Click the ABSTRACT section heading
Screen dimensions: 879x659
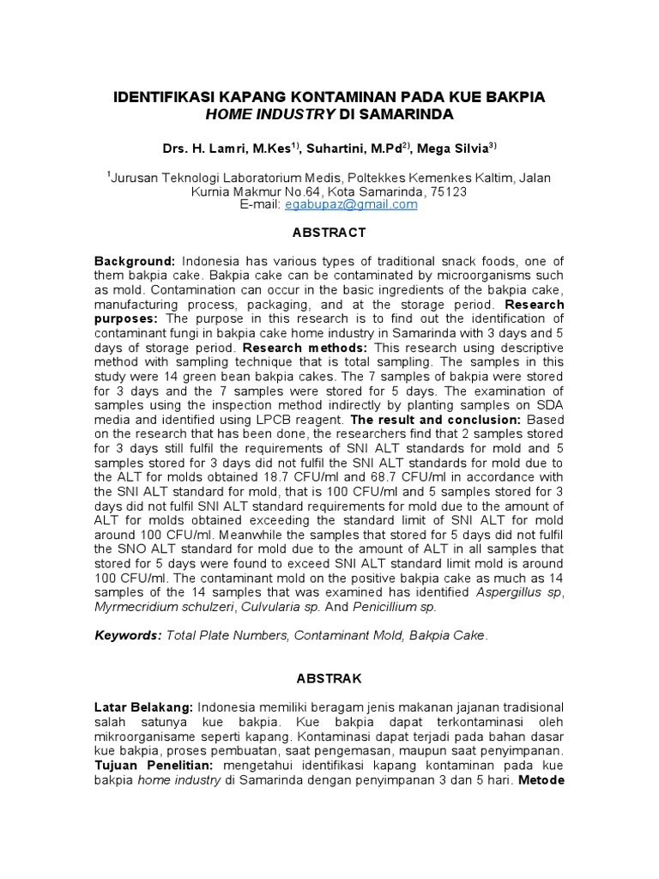[329, 233]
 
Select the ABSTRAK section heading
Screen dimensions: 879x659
[329, 678]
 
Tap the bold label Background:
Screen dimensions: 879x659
[135, 260]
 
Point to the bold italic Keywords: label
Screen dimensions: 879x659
[127, 635]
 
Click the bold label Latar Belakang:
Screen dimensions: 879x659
[144, 706]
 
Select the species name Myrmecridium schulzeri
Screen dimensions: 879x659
[166, 607]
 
